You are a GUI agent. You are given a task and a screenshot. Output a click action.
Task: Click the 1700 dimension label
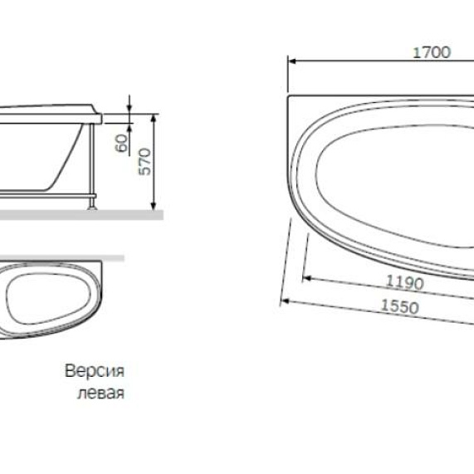click(431, 51)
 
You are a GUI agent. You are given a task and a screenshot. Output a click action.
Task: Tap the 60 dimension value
click(122, 143)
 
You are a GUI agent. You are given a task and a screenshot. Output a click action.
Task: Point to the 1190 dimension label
click(404, 282)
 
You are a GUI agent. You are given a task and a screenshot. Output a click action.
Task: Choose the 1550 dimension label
click(399, 305)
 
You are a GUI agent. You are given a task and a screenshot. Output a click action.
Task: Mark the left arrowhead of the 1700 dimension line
click(291, 61)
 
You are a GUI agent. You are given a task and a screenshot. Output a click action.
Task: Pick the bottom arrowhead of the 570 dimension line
click(154, 207)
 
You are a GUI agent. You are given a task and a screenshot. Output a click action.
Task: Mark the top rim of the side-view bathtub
click(50, 108)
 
